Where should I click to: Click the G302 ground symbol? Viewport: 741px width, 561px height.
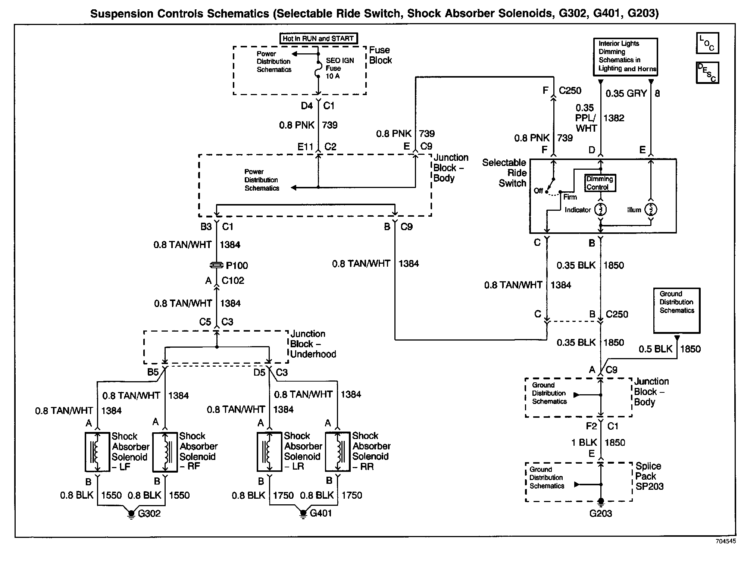pos(131,514)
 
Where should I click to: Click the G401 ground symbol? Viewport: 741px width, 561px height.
pos(303,514)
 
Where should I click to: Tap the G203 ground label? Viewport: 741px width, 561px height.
pos(600,514)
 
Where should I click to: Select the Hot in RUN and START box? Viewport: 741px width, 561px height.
pos(318,38)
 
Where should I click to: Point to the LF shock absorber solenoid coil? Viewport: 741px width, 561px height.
pos(97,452)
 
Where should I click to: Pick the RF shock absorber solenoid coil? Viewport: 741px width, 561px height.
pos(165,452)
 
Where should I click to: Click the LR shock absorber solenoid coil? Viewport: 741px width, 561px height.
pos(269,452)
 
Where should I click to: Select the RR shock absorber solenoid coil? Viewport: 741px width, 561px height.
pos(338,452)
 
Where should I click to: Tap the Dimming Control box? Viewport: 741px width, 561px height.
pos(600,183)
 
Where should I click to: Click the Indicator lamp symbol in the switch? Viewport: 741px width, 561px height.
pos(600,209)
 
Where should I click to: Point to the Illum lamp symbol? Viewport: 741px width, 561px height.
pos(651,209)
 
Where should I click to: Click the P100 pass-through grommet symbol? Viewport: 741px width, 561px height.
pos(216,265)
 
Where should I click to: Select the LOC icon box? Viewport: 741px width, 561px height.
pos(707,43)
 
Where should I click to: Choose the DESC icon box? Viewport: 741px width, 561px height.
pos(707,72)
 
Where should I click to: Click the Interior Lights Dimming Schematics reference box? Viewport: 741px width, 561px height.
pos(625,57)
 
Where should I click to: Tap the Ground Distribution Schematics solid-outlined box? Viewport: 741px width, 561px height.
pos(676,310)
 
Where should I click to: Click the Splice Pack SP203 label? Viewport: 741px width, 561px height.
pos(649,476)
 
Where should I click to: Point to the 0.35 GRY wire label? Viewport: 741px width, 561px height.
pos(626,94)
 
